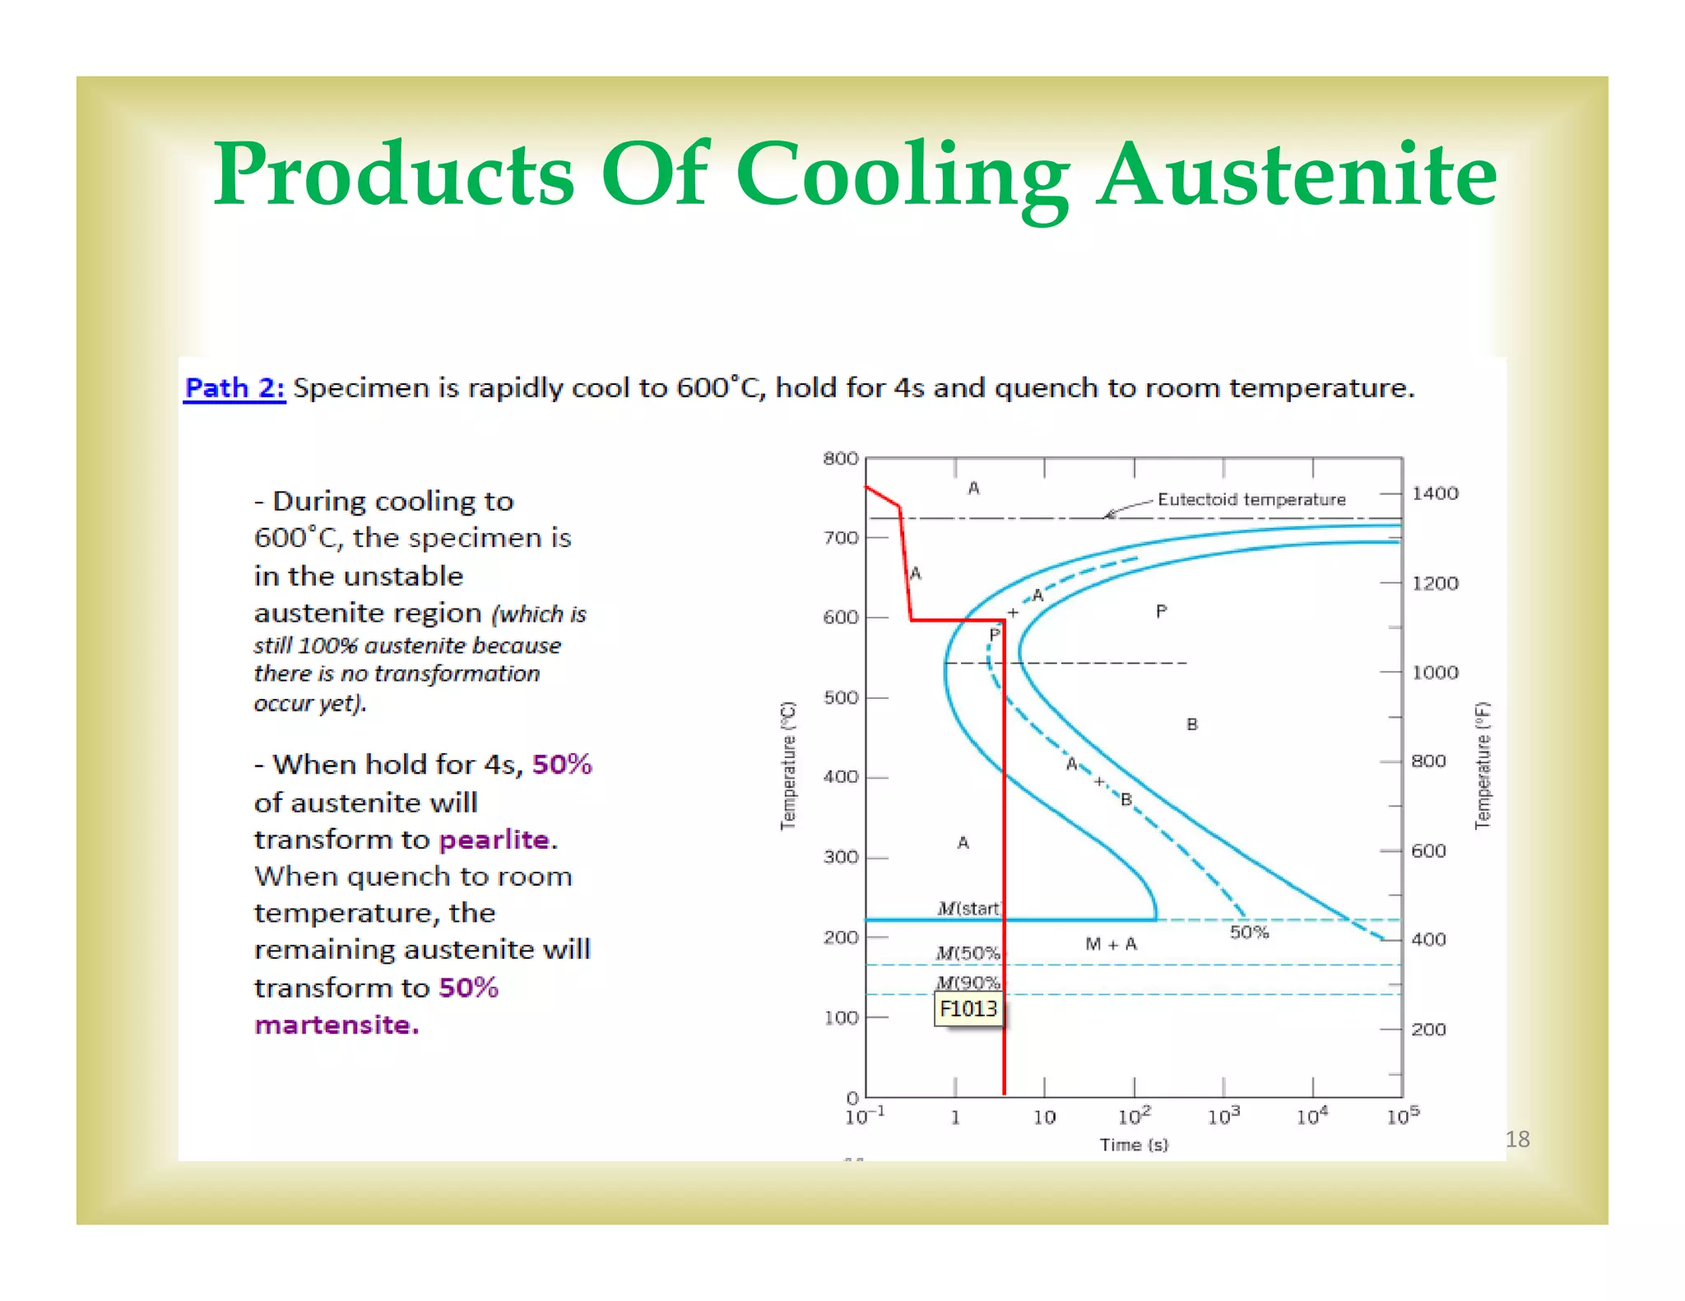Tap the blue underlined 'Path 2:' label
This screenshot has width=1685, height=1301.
234,387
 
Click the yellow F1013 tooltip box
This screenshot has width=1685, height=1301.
968,1009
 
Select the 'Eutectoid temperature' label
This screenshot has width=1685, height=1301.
1251,499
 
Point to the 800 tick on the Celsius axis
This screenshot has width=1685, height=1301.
840,459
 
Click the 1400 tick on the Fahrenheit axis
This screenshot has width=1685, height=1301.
1435,493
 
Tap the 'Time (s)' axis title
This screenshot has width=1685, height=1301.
1133,1144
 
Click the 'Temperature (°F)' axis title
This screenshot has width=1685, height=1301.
1482,765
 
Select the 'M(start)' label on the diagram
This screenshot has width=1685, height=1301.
968,908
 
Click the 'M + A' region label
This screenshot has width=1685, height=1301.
1111,944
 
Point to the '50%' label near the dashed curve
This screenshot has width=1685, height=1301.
1249,933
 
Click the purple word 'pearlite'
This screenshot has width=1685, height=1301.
494,840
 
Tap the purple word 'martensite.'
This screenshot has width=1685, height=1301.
337,1025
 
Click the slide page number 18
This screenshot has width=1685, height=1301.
1517,1139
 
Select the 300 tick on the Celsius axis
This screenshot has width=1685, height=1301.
840,857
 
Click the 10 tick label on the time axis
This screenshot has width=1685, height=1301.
1044,1117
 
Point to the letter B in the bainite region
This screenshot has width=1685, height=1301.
1191,725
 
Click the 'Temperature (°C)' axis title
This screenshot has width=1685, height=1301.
788,765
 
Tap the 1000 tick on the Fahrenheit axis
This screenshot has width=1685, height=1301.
1435,673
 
